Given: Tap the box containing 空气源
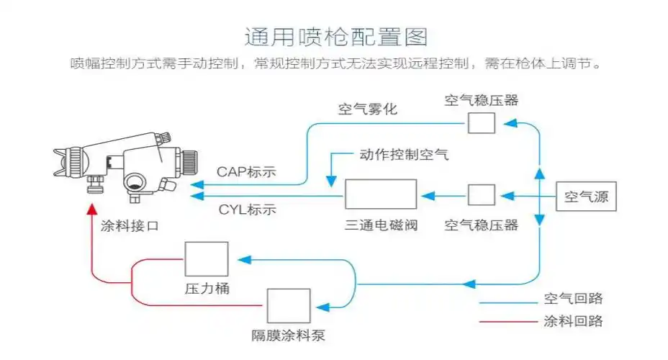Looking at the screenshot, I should [x=587, y=196].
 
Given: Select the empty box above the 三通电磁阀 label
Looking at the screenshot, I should [x=381, y=194].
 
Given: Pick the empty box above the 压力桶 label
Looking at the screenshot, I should [x=207, y=259].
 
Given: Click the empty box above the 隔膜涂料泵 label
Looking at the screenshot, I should [x=289, y=306].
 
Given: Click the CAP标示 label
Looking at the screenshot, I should [x=247, y=173].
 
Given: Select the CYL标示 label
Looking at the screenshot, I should [x=247, y=210].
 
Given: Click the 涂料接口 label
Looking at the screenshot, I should [x=130, y=225].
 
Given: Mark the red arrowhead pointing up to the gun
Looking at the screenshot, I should [x=91, y=210].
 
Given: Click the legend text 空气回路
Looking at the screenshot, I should [x=573, y=299].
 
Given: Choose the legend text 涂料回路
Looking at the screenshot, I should [x=573, y=321].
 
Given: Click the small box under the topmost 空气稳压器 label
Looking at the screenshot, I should [x=482, y=123].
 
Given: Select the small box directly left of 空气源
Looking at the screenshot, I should [x=482, y=195].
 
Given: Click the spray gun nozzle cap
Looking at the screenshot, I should [x=68, y=162].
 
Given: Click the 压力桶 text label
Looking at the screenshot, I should [x=207, y=289].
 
